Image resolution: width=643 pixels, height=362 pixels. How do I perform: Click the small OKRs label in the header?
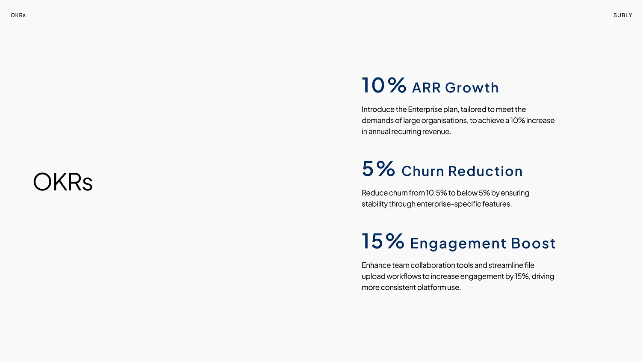click(x=18, y=15)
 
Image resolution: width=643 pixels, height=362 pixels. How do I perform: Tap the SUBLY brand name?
click(x=622, y=15)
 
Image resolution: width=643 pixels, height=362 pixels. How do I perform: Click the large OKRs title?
click(x=63, y=182)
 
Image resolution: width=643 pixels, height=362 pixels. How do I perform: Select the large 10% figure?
click(x=383, y=85)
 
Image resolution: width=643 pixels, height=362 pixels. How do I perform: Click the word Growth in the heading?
click(x=472, y=88)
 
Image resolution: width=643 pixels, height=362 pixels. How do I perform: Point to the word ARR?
click(x=426, y=88)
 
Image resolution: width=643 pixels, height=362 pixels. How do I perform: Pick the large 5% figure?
click(x=378, y=169)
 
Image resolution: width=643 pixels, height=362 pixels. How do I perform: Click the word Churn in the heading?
click(x=422, y=171)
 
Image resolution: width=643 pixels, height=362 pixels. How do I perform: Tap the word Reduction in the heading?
click(x=485, y=171)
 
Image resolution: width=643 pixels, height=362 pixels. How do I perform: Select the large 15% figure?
click(x=383, y=241)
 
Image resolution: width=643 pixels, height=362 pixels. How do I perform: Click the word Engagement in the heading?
click(x=458, y=243)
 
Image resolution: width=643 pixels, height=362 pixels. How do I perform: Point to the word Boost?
click(x=533, y=243)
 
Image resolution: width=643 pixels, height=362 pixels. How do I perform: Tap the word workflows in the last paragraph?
click(x=404, y=276)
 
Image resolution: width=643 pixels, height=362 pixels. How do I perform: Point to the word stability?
click(x=375, y=204)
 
